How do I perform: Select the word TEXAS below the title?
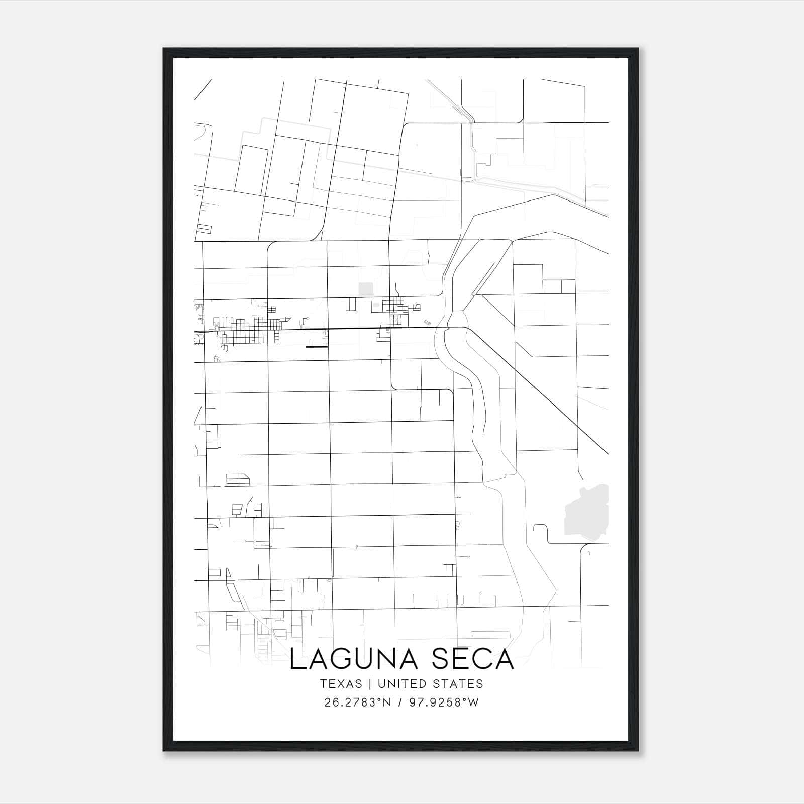[341, 684]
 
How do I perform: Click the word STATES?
[460, 684]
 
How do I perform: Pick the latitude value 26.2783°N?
[358, 702]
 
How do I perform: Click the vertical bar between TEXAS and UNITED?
[370, 684]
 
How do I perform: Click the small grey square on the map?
[366, 289]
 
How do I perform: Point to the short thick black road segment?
[317, 346]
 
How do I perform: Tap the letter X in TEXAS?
[341, 684]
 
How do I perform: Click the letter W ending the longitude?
[474, 702]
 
